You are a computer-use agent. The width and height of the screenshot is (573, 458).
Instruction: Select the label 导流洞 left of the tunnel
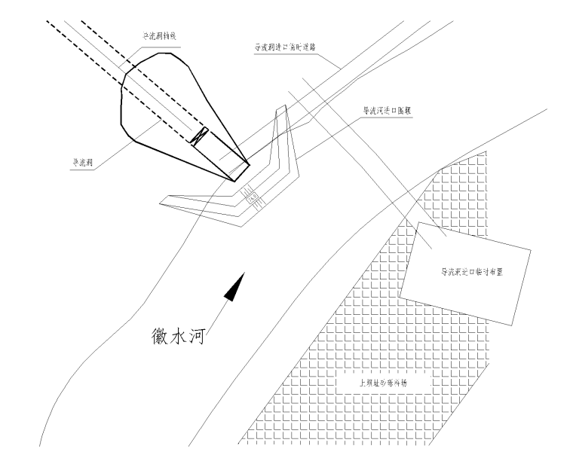pyautogui.click(x=84, y=160)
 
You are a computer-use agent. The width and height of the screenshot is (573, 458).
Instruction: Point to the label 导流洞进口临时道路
pyautogui.click(x=284, y=47)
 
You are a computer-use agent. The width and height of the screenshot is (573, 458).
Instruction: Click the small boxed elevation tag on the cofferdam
pyautogui.click(x=253, y=197)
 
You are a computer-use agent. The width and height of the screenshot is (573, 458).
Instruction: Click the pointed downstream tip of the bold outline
pyautogui.click(x=248, y=165)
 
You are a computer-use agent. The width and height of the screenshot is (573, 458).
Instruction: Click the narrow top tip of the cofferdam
pyautogui.click(x=283, y=107)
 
